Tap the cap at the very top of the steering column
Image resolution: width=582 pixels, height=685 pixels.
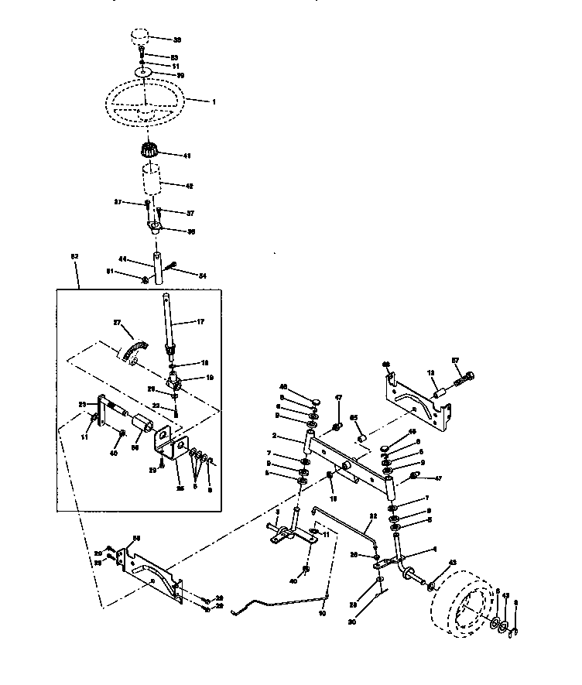(x=140, y=38)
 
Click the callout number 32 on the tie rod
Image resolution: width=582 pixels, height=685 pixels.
(x=372, y=516)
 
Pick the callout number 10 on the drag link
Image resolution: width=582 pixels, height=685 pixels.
(x=322, y=612)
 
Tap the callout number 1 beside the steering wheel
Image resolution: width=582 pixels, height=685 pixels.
(x=214, y=101)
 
